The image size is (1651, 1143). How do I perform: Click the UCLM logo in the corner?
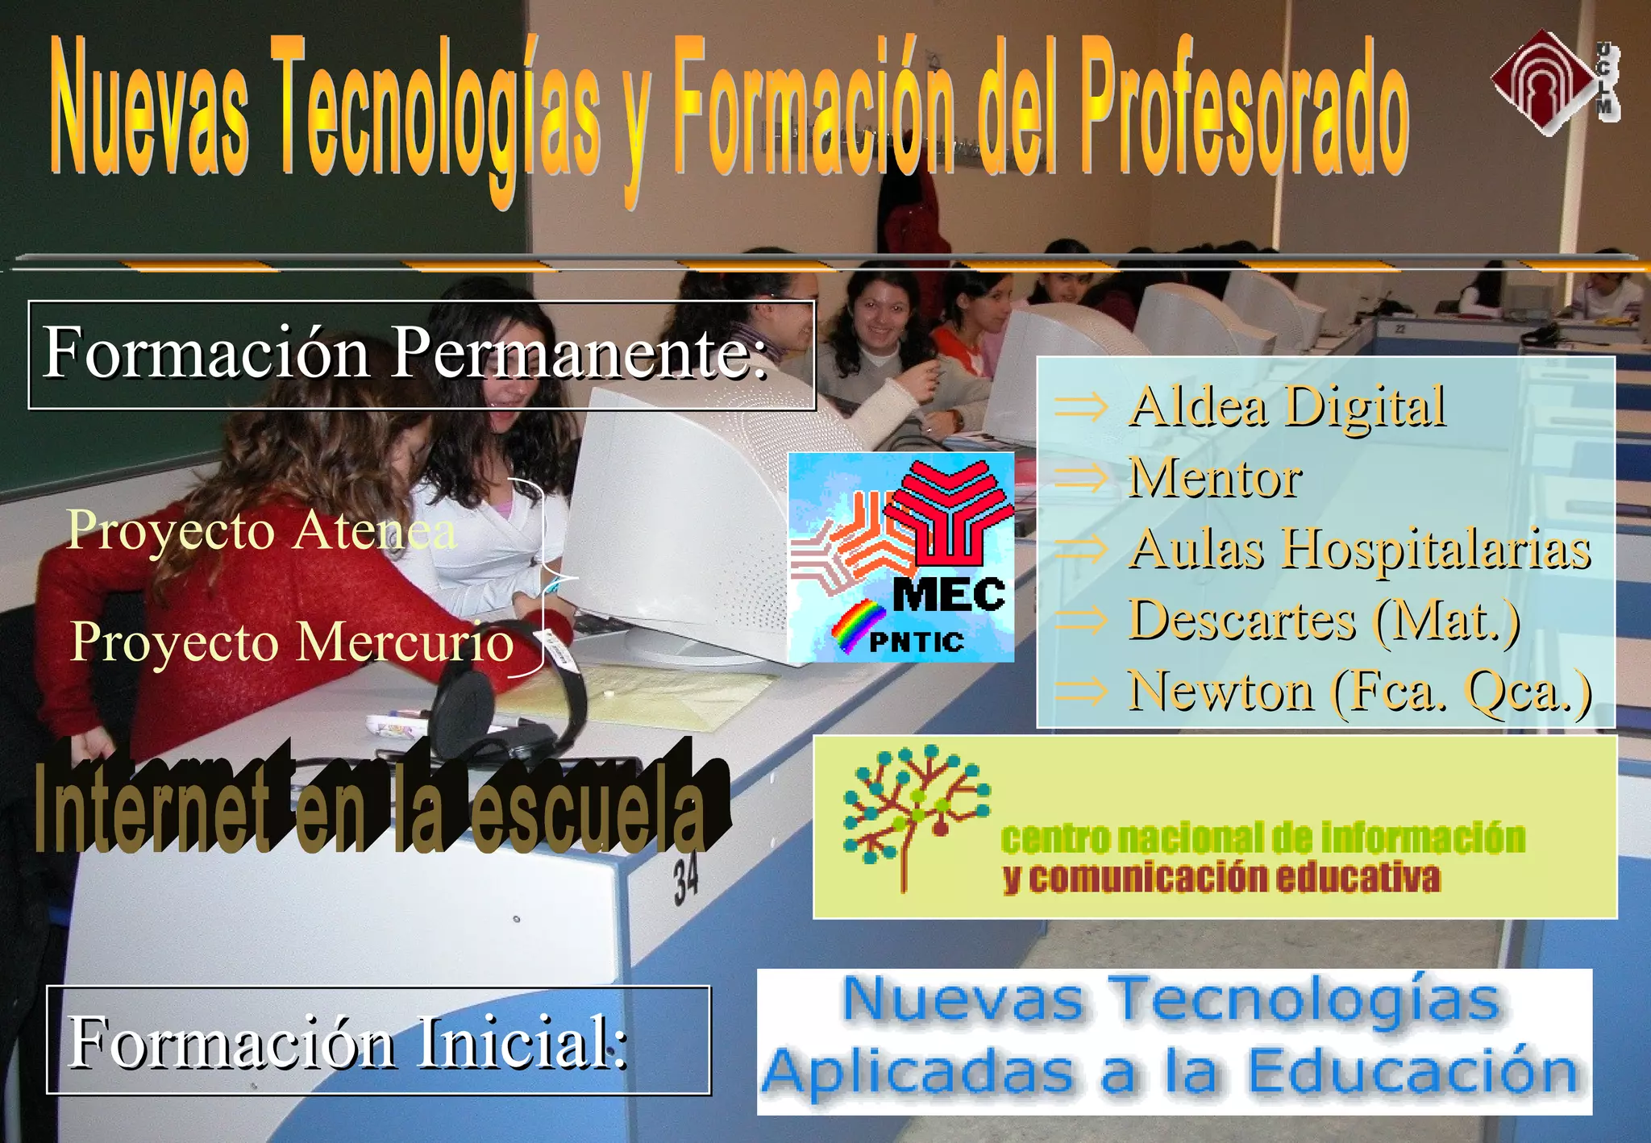point(1553,82)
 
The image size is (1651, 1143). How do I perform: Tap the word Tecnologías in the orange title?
point(439,113)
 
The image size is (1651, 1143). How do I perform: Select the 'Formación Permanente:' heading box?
point(422,355)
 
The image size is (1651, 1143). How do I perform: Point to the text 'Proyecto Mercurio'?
point(292,642)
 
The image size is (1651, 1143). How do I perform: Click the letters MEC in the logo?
point(949,596)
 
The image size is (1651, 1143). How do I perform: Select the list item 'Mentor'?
point(1214,478)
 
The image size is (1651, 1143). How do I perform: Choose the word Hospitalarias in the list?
point(1436,550)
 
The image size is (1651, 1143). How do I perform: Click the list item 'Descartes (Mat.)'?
point(1323,620)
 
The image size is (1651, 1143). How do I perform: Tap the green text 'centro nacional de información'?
point(1262,838)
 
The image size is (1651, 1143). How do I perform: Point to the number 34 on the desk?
point(686,880)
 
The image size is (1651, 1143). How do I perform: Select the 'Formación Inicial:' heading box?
point(378,1040)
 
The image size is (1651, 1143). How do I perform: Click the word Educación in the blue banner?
point(1412,1073)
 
